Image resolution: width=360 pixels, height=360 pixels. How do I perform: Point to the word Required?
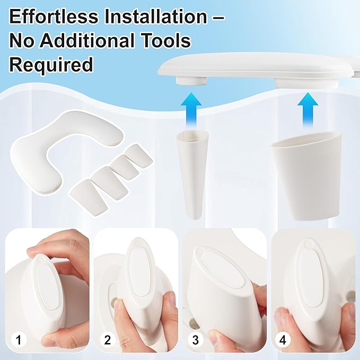[51, 65]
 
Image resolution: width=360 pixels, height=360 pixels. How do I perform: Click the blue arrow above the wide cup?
[308, 110]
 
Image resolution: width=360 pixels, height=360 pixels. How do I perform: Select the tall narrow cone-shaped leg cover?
[191, 174]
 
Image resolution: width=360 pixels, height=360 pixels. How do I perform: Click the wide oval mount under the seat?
[308, 83]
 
